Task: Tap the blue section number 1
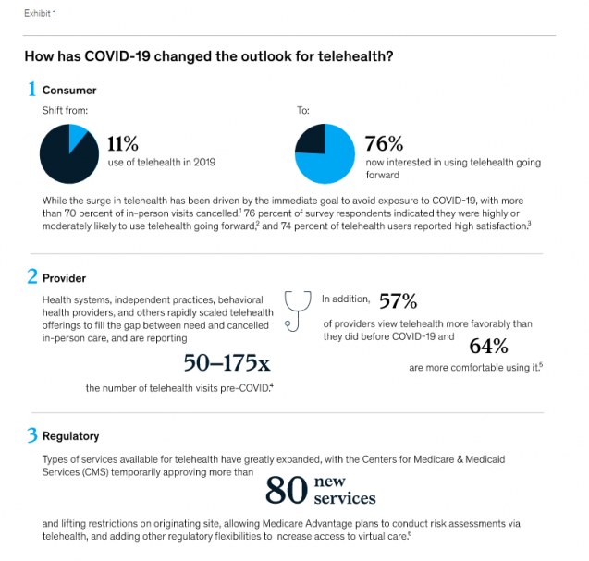(x=31, y=90)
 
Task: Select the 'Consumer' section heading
(x=69, y=91)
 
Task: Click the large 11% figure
(x=123, y=143)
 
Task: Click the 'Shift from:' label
(x=63, y=111)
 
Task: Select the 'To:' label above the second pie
(x=302, y=111)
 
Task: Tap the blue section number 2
(x=31, y=276)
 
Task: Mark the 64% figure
(x=489, y=346)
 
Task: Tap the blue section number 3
(x=31, y=434)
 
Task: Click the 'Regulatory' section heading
(x=71, y=435)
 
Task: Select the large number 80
(x=286, y=492)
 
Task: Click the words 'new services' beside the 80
(x=344, y=491)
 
